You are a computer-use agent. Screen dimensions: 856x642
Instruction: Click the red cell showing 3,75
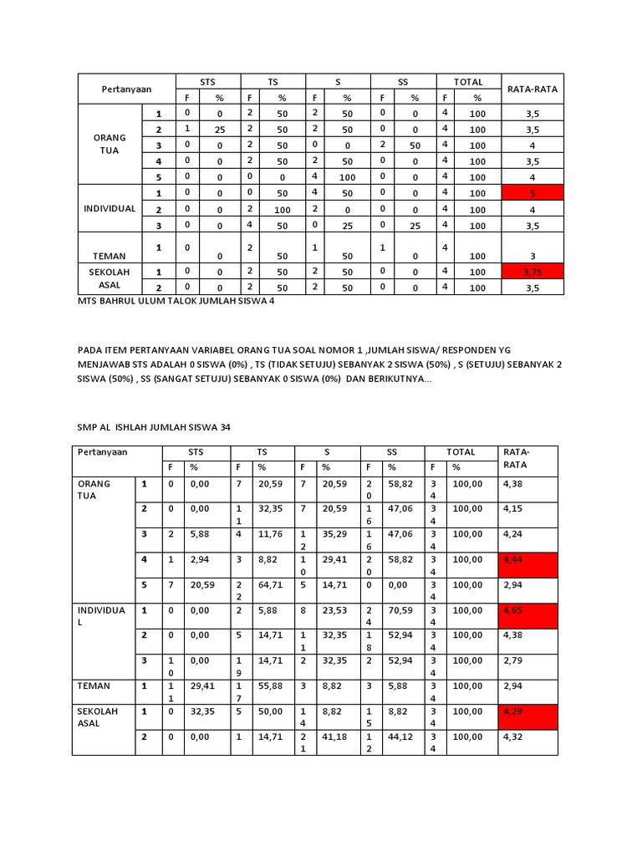[532, 271]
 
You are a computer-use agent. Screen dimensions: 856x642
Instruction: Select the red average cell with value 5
[532, 193]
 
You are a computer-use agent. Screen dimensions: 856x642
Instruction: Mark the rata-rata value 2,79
[512, 661]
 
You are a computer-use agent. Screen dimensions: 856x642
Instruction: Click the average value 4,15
[512, 508]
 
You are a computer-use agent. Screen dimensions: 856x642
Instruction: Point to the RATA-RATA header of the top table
[532, 89]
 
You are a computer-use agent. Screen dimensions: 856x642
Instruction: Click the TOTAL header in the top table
[468, 82]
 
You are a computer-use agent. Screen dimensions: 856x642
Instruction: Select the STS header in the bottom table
[196, 452]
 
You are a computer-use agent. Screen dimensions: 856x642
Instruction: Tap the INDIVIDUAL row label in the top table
[110, 208]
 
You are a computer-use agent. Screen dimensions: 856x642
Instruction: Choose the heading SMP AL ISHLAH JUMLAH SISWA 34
[154, 427]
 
